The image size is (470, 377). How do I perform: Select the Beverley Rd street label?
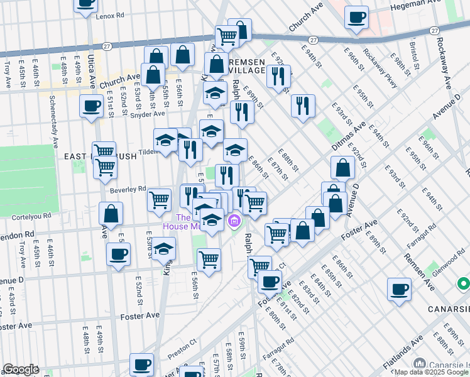click(x=128, y=188)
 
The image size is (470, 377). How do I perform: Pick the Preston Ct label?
click(x=182, y=351)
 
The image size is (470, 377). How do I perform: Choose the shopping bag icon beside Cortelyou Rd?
click(x=111, y=214)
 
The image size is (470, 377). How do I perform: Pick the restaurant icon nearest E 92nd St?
click(x=277, y=76)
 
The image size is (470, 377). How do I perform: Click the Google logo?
click(x=21, y=369)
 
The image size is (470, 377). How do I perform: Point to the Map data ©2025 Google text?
click(x=430, y=372)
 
